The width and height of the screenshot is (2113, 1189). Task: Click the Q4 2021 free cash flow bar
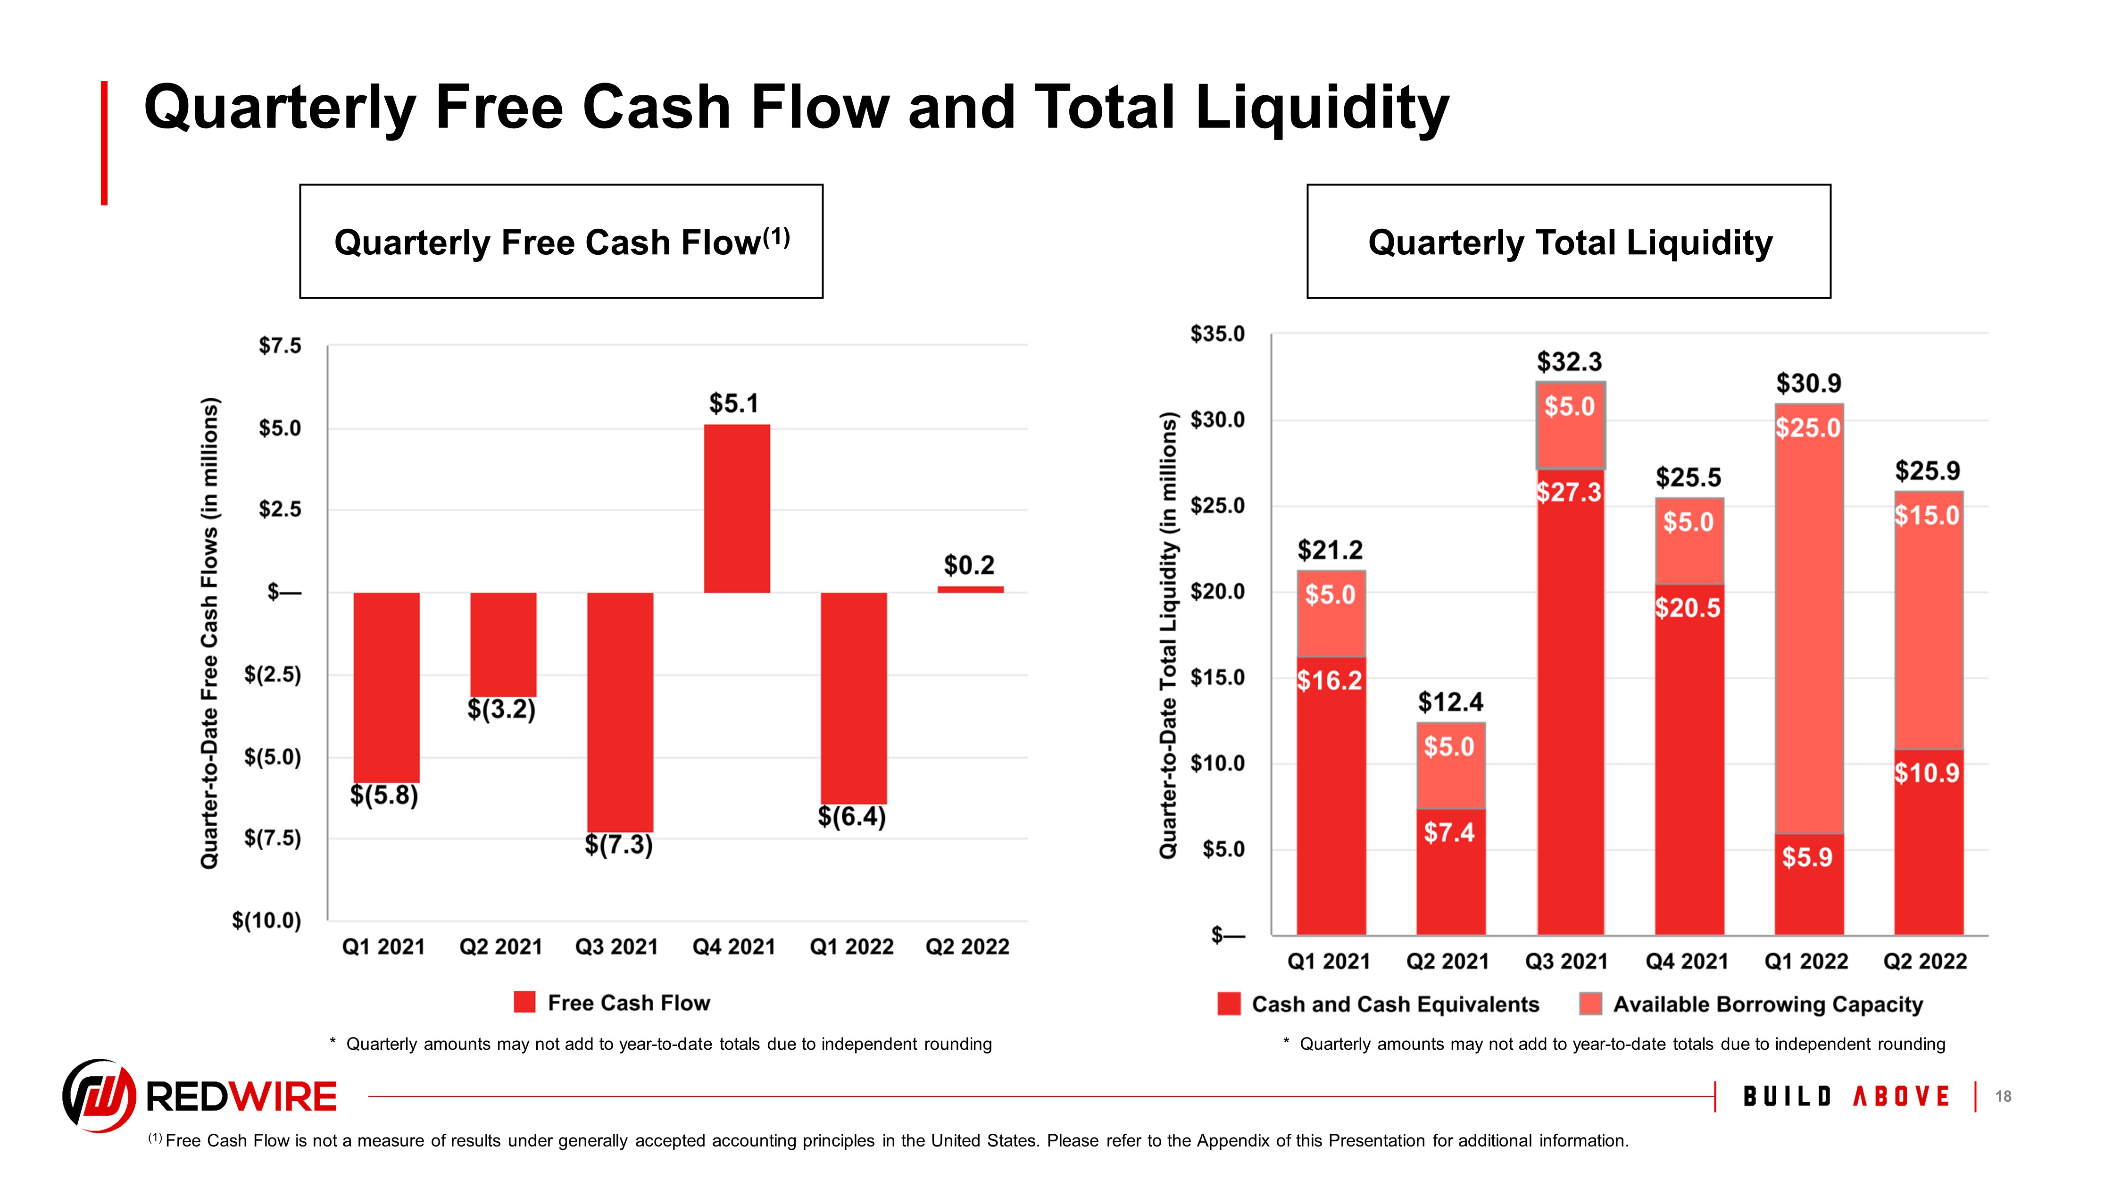click(x=737, y=509)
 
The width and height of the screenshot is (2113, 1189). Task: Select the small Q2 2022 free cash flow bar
click(x=970, y=589)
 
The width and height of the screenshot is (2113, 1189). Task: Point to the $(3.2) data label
click(x=501, y=709)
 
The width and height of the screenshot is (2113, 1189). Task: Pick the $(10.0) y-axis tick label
click(x=266, y=921)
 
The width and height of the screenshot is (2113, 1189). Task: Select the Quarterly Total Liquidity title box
click(x=1568, y=241)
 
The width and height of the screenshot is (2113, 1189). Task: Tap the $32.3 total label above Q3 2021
click(x=1569, y=362)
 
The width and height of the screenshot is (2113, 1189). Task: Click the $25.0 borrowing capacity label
click(x=1808, y=428)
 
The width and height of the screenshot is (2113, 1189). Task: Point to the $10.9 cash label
click(x=1927, y=773)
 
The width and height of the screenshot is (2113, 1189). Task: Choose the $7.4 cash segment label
click(x=1449, y=833)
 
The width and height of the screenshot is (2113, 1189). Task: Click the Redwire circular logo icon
click(x=99, y=1096)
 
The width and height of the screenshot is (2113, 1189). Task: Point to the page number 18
click(x=2003, y=1096)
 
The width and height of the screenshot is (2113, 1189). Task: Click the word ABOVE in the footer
click(x=1901, y=1096)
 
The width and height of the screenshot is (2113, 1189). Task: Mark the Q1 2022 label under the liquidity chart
click(x=1806, y=962)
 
